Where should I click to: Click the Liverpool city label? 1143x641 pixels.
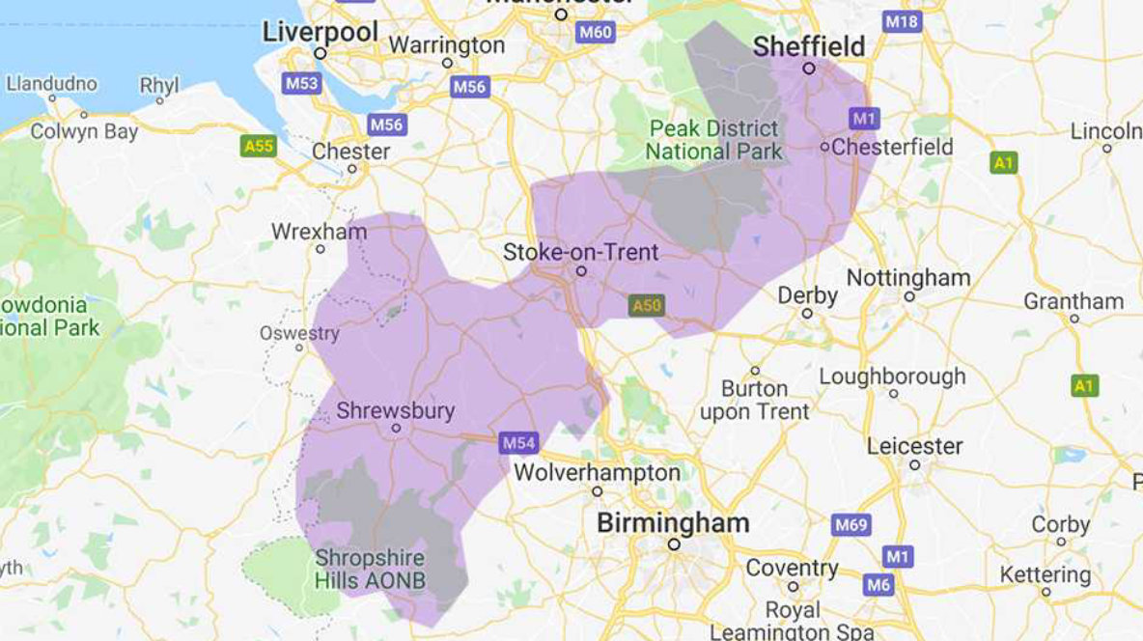click(x=321, y=32)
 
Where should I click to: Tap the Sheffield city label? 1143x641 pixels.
click(x=808, y=45)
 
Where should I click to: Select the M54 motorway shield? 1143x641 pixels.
click(x=517, y=443)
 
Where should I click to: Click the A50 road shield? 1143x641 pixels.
click(x=647, y=306)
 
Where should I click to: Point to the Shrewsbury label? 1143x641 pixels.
click(x=395, y=410)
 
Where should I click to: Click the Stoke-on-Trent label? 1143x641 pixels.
click(x=580, y=253)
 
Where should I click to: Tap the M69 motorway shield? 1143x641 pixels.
click(x=850, y=525)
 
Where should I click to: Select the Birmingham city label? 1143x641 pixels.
click(x=673, y=523)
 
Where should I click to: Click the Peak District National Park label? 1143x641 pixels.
click(x=713, y=140)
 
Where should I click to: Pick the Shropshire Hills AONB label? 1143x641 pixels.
click(x=370, y=570)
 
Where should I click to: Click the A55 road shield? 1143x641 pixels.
click(x=258, y=146)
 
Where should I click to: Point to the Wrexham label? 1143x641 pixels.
click(x=319, y=232)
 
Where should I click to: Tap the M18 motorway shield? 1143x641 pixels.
click(x=902, y=21)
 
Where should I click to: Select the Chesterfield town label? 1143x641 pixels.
click(x=891, y=147)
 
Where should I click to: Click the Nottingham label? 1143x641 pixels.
click(x=908, y=278)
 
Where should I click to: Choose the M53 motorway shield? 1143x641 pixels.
click(x=301, y=83)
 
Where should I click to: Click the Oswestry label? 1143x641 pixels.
click(x=299, y=333)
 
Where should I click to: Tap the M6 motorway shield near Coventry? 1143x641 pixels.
click(x=878, y=584)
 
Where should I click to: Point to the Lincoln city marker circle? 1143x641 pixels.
click(x=1107, y=149)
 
